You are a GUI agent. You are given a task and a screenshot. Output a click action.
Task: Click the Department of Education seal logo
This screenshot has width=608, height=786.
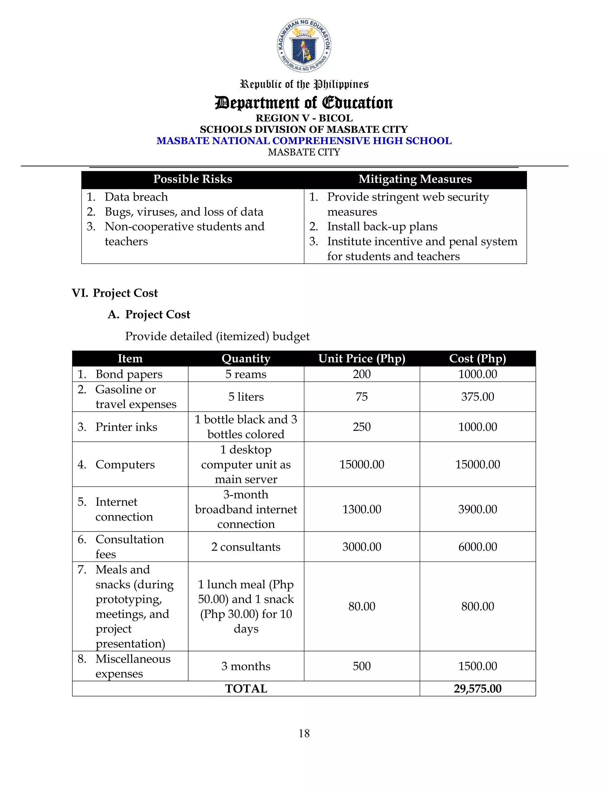(x=304, y=45)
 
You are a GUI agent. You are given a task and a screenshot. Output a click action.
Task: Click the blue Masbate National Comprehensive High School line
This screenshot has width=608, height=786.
(x=304, y=141)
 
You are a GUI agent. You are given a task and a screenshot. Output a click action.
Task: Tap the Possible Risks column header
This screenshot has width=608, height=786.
(x=193, y=179)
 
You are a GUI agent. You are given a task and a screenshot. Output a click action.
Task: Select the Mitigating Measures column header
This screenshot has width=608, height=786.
(x=415, y=179)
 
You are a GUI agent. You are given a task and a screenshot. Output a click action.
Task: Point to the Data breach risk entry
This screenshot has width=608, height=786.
(x=136, y=197)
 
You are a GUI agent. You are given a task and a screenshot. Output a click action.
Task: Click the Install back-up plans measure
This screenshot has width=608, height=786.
(x=382, y=226)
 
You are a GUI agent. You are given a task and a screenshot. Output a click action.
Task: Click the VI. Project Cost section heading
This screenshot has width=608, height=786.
(x=115, y=293)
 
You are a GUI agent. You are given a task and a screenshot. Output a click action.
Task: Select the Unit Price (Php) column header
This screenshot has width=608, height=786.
(x=362, y=359)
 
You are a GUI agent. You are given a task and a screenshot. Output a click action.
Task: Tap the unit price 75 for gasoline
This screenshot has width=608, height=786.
(x=362, y=397)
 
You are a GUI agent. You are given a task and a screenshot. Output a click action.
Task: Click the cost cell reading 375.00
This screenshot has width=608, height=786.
(x=477, y=397)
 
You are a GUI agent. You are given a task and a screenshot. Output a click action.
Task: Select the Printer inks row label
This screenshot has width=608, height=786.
(x=126, y=427)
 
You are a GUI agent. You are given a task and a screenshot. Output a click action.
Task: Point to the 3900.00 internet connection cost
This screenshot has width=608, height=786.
(x=477, y=509)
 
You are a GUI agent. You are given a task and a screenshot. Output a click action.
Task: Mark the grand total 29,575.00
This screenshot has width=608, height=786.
(x=477, y=689)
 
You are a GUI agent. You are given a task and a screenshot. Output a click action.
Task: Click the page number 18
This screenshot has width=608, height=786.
(x=304, y=734)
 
